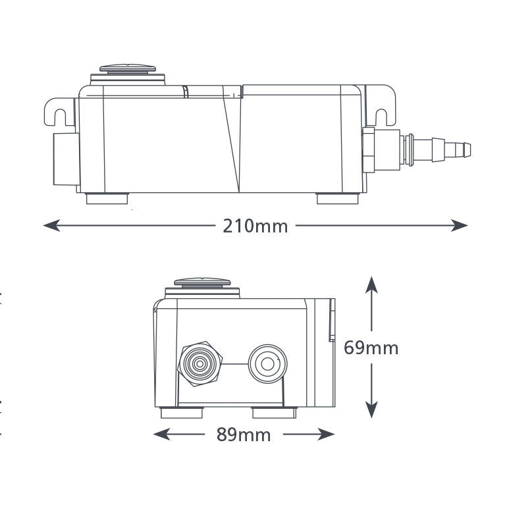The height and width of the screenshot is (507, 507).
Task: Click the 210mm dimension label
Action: pos(255,226)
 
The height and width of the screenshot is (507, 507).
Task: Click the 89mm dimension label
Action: pos(244,435)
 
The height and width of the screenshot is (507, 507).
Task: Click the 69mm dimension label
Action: pos(371,347)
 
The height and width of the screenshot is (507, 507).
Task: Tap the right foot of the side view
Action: pos(338,198)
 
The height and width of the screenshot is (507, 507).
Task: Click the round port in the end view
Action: pos(267,362)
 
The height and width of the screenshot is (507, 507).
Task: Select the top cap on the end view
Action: pos(205,284)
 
